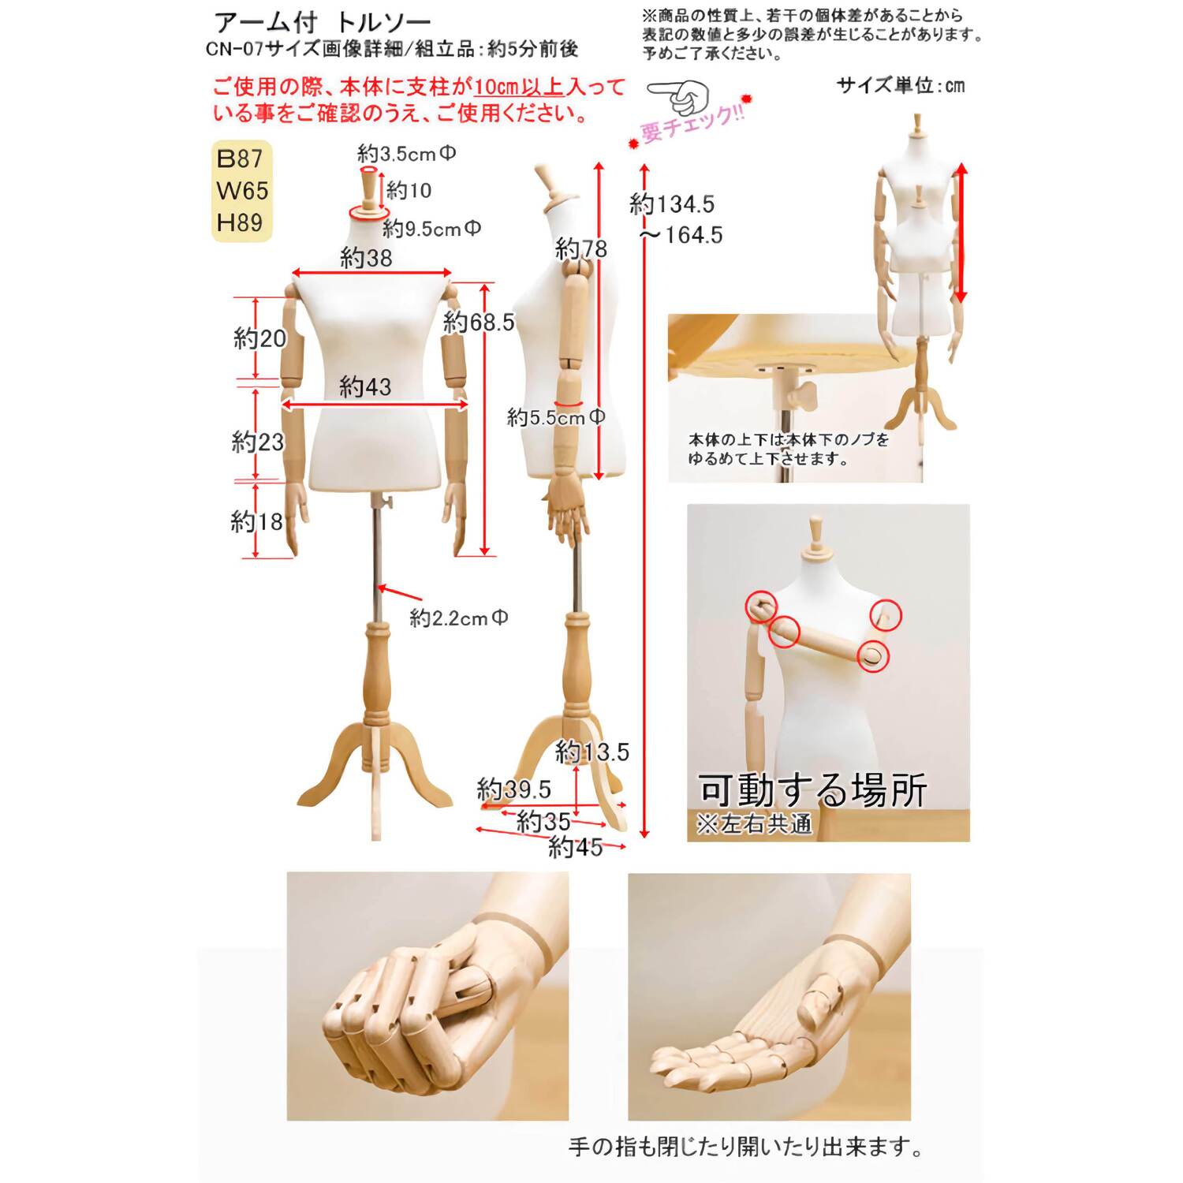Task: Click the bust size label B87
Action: (239, 159)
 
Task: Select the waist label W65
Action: (241, 191)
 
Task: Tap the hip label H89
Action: (239, 222)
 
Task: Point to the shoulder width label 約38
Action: (366, 258)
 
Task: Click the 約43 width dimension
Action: (365, 386)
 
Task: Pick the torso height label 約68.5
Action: (479, 322)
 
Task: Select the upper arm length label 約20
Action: (259, 338)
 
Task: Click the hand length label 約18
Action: (256, 521)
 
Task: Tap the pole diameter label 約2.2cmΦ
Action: (458, 618)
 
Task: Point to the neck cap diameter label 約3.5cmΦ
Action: (406, 153)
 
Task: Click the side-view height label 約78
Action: (581, 249)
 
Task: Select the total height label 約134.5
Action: (672, 204)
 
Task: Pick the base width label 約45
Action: (575, 848)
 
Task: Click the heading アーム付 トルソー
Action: (323, 22)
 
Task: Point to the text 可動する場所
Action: (812, 790)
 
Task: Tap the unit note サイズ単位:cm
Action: (901, 85)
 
